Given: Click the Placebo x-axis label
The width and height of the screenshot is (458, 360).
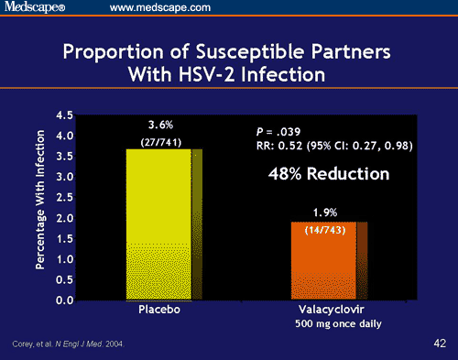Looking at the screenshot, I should pos(159,311).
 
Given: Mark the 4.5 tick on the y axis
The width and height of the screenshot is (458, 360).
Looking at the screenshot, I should pos(65,115).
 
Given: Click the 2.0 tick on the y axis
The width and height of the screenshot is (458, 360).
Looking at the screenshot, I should pos(65,218).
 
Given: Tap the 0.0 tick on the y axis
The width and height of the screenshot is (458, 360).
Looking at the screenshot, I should pos(65,300).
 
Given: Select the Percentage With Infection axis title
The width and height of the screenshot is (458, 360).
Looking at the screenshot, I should pos(42,208).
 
